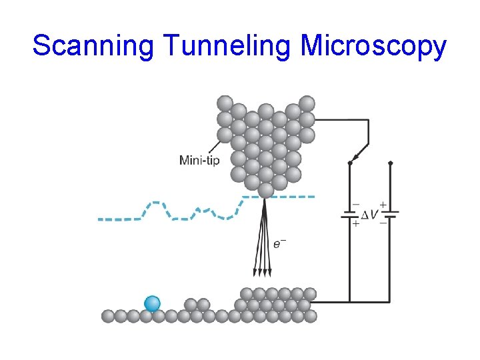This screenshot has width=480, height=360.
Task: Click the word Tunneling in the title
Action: pos(226,46)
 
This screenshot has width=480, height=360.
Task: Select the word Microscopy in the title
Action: pos(373,46)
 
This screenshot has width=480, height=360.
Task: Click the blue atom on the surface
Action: pos(153,303)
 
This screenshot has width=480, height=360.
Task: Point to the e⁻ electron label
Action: pos(280,243)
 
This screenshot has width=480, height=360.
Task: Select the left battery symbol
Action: pos(349,215)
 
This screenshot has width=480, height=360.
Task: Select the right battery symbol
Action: pos(390,214)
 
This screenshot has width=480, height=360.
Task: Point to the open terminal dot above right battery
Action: pos(390,162)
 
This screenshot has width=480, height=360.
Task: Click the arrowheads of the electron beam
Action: pos(263,272)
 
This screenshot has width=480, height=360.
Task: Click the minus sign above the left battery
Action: pos(355,204)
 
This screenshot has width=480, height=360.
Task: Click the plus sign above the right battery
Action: pos(383,203)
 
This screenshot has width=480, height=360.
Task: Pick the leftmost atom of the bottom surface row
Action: pos(108,316)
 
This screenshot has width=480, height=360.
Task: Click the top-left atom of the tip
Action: pos(225,103)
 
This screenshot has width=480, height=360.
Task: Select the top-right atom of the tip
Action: pos(307,103)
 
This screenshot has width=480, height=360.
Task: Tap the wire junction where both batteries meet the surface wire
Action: pos(349,301)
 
